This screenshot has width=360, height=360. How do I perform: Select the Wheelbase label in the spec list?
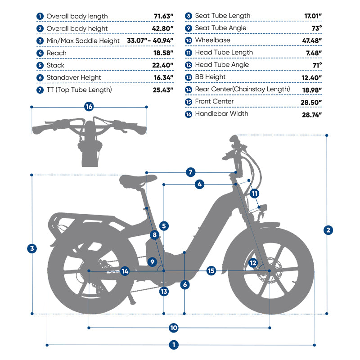click(x=212, y=40)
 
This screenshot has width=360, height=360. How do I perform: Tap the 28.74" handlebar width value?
click(x=311, y=114)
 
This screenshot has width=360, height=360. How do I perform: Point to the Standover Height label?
click(x=74, y=77)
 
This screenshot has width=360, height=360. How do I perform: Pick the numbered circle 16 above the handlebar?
click(x=89, y=107)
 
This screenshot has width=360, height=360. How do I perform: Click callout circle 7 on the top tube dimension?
click(x=190, y=172)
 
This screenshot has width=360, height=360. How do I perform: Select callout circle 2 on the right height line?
click(x=328, y=230)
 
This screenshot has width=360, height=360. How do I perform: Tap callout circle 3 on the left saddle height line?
click(x=31, y=248)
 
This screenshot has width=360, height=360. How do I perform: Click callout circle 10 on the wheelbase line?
click(x=174, y=327)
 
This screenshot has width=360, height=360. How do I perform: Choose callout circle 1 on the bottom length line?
click(x=174, y=345)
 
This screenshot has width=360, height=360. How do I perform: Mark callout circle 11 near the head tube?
click(x=255, y=193)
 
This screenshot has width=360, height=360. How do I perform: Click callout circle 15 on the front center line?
click(x=211, y=271)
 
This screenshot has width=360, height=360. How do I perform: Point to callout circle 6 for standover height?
click(x=185, y=284)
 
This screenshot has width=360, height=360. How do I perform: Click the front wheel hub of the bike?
click(x=269, y=271)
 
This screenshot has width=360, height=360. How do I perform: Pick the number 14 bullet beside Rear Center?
click(x=188, y=89)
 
